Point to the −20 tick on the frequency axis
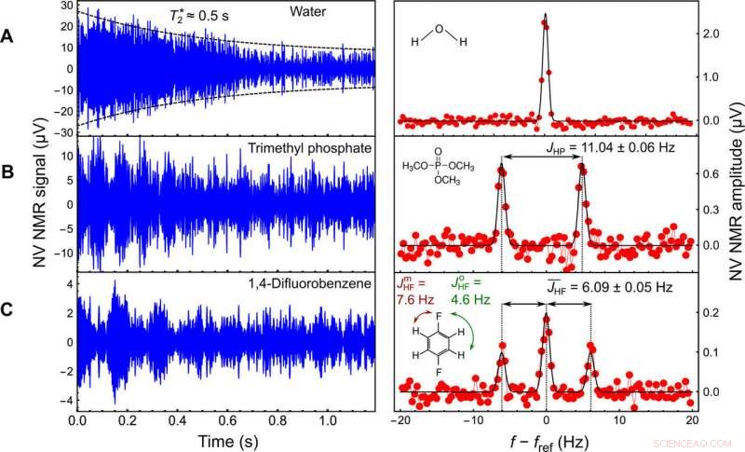(401, 420)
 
